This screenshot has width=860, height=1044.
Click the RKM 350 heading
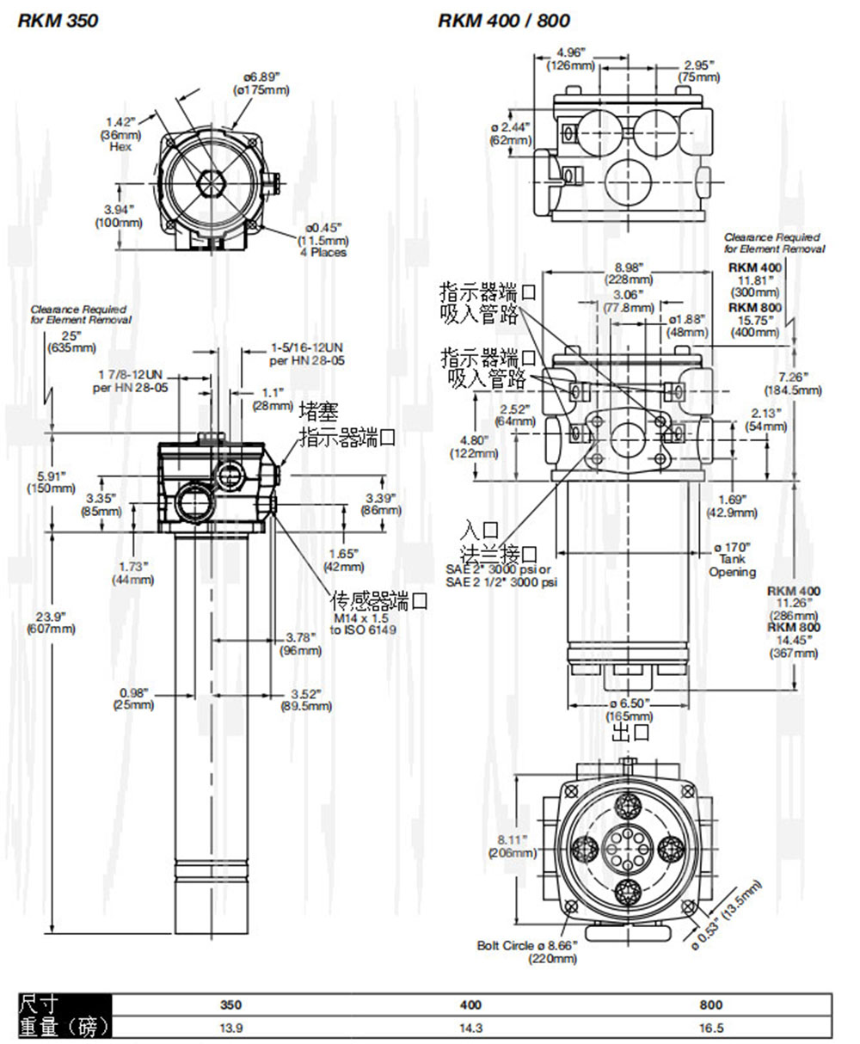58,21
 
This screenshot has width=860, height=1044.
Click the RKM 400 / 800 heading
503,21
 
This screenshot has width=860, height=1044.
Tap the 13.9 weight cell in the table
230,1028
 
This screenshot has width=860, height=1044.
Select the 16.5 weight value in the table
711,1028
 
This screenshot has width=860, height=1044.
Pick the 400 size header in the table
471,1004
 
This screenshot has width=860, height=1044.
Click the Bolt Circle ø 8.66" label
527,951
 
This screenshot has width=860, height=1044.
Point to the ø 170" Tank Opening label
732,560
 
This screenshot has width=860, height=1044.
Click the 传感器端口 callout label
380,601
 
